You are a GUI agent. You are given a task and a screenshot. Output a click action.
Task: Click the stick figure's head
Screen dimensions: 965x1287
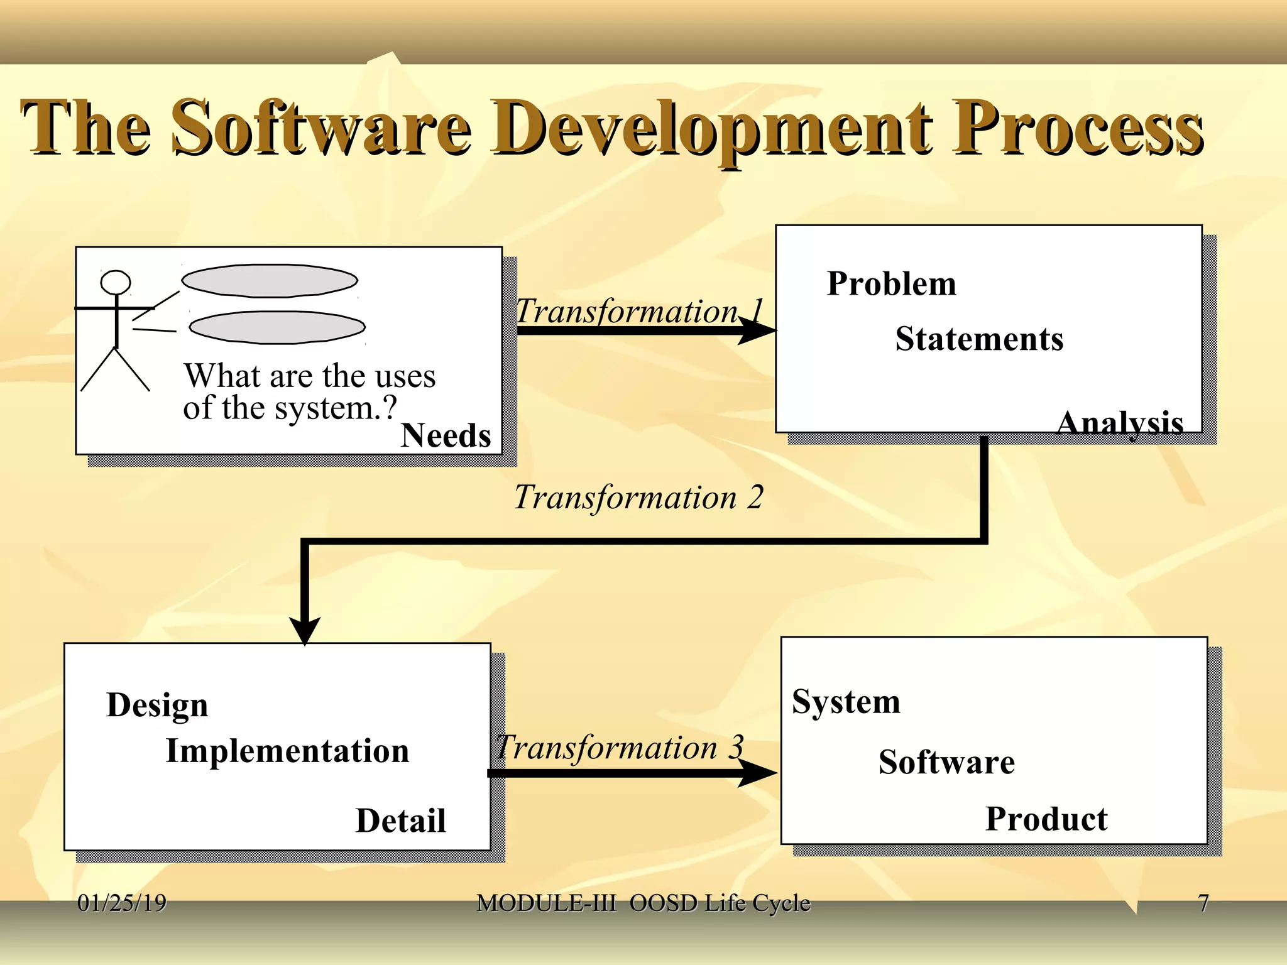[x=116, y=283]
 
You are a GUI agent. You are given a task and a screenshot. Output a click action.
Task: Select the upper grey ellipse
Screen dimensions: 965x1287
[x=270, y=281]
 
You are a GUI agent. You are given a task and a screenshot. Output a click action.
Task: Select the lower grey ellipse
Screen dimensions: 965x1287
[x=277, y=327]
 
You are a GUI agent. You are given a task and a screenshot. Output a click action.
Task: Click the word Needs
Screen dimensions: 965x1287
[x=446, y=435]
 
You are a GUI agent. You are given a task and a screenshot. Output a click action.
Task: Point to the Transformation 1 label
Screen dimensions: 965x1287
[x=638, y=311]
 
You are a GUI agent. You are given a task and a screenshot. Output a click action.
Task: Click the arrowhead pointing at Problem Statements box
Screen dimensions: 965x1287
[x=757, y=330]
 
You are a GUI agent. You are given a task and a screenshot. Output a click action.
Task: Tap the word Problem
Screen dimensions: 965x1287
[x=891, y=283]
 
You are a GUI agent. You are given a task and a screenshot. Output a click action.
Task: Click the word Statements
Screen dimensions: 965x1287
[x=978, y=339]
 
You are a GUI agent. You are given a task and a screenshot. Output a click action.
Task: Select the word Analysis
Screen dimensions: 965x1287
[x=1120, y=423]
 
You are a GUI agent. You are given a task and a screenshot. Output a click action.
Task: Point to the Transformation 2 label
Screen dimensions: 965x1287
[x=638, y=497]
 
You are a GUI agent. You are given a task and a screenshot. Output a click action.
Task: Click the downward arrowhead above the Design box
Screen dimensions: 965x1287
[x=305, y=630]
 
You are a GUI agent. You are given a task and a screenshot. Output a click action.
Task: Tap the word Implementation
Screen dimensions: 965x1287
[x=287, y=751]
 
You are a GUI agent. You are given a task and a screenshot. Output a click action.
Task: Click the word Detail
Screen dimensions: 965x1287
[x=400, y=821]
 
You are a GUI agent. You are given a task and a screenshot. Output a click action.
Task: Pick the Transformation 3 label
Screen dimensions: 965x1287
[x=620, y=748]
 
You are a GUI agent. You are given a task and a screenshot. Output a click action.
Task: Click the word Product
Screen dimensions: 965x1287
[x=1046, y=819]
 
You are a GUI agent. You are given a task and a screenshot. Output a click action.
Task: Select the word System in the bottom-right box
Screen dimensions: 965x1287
[x=846, y=701]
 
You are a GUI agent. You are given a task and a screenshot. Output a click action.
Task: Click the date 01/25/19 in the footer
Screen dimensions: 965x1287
[x=122, y=903]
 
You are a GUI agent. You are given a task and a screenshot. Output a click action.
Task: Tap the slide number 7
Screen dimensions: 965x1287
[x=1203, y=903]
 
